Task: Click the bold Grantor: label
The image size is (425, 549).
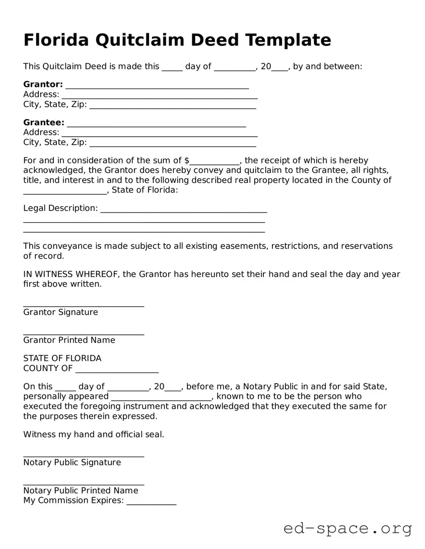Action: (x=43, y=84)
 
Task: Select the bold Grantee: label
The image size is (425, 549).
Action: (x=44, y=123)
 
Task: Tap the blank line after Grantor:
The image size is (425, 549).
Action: (x=157, y=86)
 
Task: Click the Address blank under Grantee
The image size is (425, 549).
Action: (x=159, y=134)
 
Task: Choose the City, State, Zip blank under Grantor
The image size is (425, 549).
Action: (x=173, y=107)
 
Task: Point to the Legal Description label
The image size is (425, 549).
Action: (x=60, y=208)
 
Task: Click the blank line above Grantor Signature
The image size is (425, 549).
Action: (x=84, y=305)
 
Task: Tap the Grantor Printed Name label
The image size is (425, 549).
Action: (x=69, y=340)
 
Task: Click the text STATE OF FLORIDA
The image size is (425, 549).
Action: (x=62, y=358)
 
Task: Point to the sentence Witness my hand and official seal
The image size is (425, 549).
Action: (x=94, y=434)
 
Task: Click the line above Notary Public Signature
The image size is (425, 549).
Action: (x=84, y=455)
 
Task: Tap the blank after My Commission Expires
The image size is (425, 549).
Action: (x=151, y=503)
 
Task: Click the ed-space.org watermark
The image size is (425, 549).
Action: (x=347, y=528)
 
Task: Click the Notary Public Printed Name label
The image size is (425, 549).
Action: (x=81, y=491)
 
